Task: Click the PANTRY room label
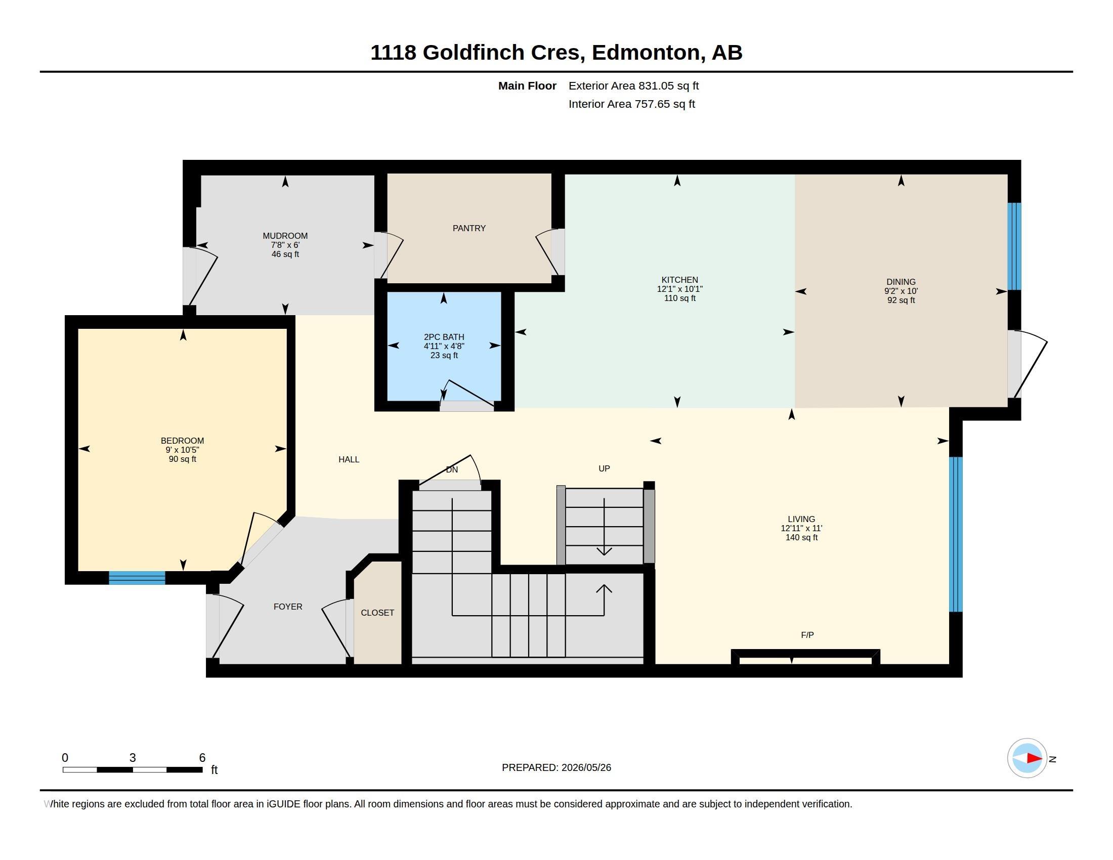tap(469, 228)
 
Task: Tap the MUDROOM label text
tap(285, 236)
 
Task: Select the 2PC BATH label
tap(444, 337)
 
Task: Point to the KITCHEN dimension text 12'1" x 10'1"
tap(679, 289)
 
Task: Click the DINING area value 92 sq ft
tap(901, 300)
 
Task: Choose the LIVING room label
tap(801, 519)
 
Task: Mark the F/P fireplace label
tap(807, 635)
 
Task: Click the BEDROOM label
tap(182, 441)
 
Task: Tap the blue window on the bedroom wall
tap(137, 578)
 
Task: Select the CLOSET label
tap(377, 613)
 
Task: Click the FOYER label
tap(287, 607)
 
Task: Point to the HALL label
tap(349, 459)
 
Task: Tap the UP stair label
tap(604, 469)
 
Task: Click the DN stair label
tap(451, 470)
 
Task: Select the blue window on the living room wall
tap(956, 534)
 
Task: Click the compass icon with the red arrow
tap(1027, 758)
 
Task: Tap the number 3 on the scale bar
tap(133, 758)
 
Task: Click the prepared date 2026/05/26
tap(586, 767)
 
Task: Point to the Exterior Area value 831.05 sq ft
tap(668, 85)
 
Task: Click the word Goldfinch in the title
tap(474, 53)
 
